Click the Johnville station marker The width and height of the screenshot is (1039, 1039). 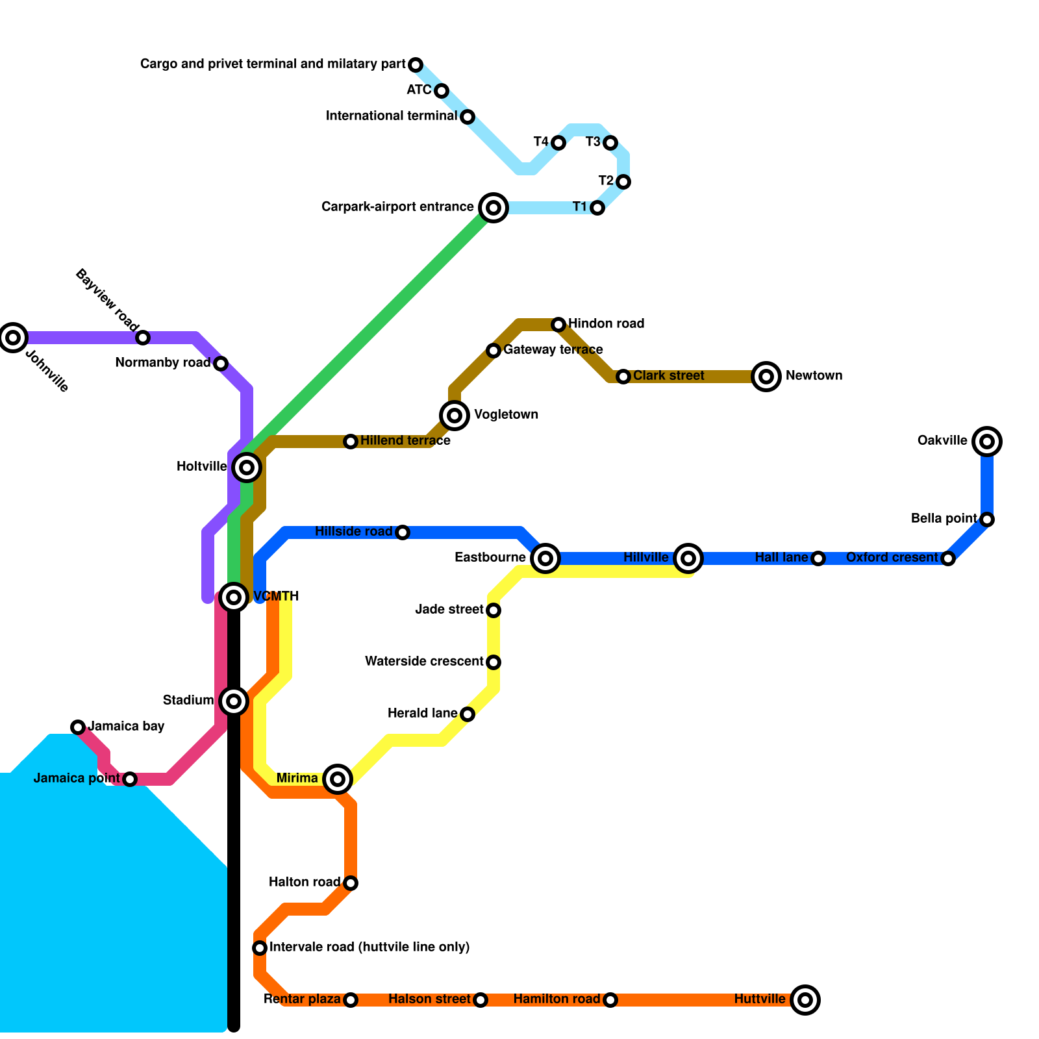[13, 337]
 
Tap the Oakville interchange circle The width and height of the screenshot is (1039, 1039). [987, 442]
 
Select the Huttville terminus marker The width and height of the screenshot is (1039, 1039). [805, 999]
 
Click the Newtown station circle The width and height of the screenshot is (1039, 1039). [766, 376]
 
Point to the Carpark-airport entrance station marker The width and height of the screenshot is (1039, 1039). [494, 208]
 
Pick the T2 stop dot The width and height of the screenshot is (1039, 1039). [623, 182]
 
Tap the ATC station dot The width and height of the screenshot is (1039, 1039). [442, 91]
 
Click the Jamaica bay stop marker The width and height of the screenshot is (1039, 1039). [78, 727]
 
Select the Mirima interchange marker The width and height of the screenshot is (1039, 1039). [338, 779]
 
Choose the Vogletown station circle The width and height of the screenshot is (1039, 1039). [455, 415]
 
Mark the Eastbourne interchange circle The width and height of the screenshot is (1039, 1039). [545, 558]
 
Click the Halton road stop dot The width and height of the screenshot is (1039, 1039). [351, 883]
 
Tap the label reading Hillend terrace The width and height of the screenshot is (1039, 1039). [405, 441]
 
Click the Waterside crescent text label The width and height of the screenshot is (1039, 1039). [424, 662]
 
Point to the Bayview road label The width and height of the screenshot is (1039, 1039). [107, 299]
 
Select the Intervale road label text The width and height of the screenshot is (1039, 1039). [369, 947]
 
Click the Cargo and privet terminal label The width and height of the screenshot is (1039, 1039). [273, 64]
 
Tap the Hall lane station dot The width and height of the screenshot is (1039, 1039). [818, 558]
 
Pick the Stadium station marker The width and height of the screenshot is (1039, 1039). [234, 701]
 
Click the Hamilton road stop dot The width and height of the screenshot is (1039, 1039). [610, 1000]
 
